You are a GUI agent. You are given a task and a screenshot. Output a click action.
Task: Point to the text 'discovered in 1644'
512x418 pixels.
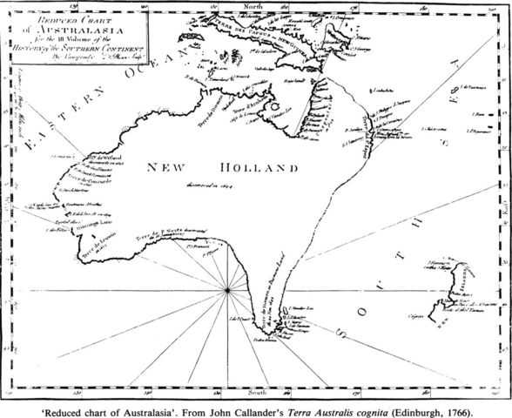click(210, 184)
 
